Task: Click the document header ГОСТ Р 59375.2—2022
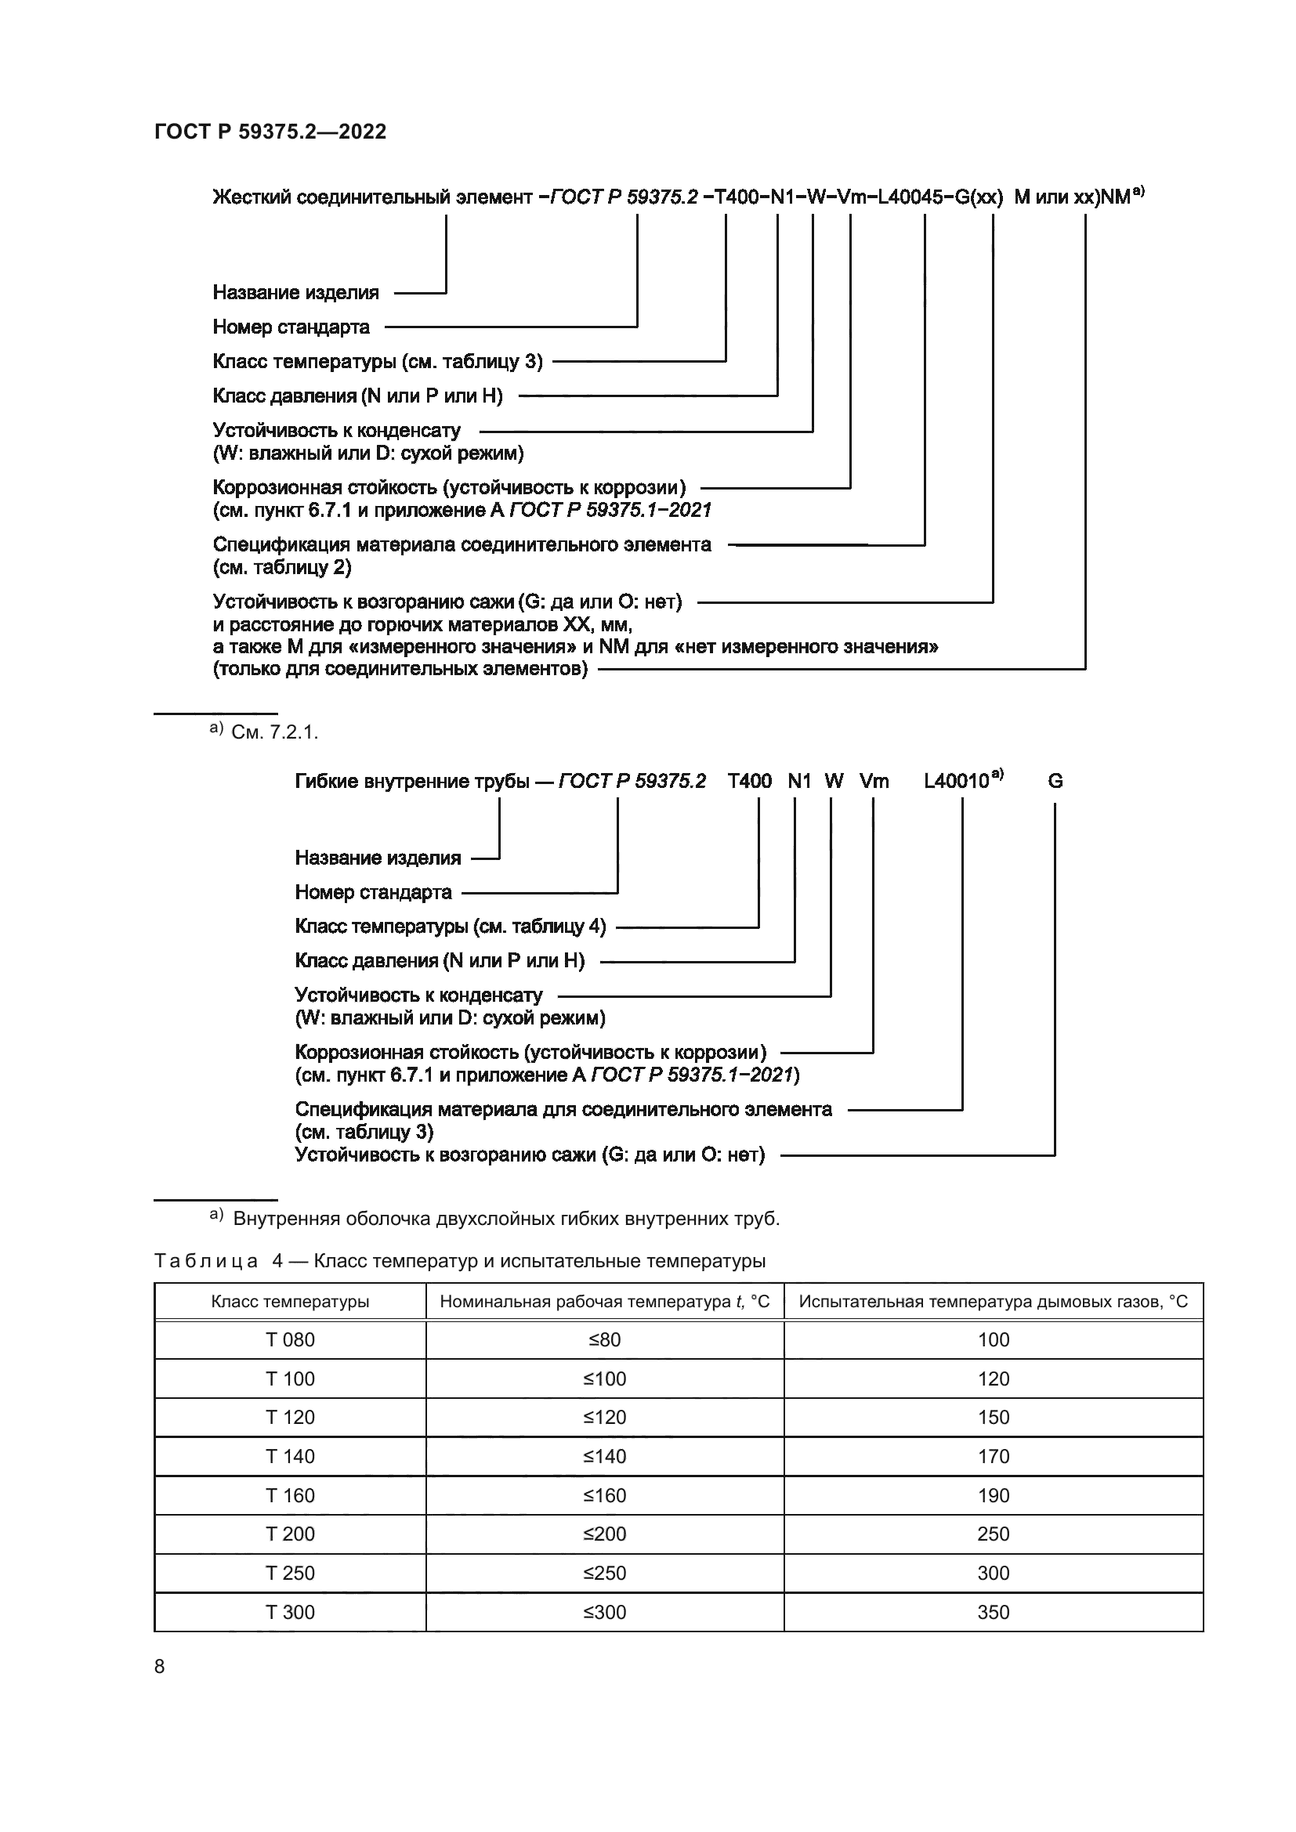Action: click(x=270, y=132)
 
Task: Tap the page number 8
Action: click(x=160, y=1667)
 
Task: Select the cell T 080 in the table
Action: click(x=290, y=1339)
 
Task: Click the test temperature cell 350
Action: click(x=993, y=1612)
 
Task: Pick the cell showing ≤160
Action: click(x=604, y=1495)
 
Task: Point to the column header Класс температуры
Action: click(x=290, y=1302)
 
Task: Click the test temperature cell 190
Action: click(x=993, y=1495)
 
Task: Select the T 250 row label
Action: click(x=290, y=1573)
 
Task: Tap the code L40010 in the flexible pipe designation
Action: click(x=956, y=781)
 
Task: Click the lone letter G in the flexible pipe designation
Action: click(x=1054, y=781)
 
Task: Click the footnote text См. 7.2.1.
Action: click(x=273, y=732)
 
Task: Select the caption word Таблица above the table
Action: click(x=206, y=1261)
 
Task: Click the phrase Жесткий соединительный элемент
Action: click(x=372, y=197)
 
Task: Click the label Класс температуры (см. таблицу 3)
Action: click(x=378, y=361)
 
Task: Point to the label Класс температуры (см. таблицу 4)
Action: click(x=450, y=927)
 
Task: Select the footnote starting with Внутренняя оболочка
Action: click(x=506, y=1219)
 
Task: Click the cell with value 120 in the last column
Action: click(x=993, y=1379)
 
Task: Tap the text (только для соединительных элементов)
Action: click(x=400, y=669)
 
